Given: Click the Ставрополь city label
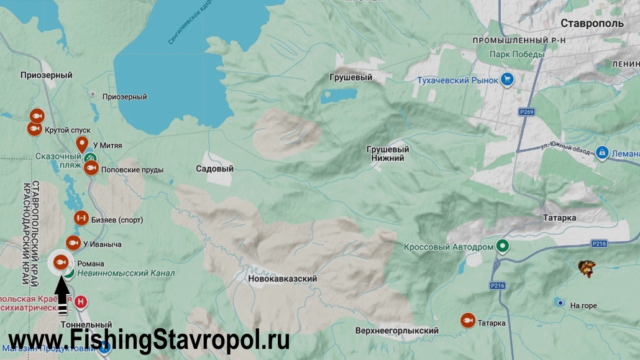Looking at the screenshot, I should (x=592, y=24).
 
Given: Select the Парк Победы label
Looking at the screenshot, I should (x=516, y=54).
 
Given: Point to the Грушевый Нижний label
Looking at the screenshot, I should (x=388, y=154).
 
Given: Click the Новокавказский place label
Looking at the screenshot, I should (x=282, y=279).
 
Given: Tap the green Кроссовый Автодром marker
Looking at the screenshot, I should (x=503, y=246).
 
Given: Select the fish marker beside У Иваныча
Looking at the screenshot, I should (x=73, y=242).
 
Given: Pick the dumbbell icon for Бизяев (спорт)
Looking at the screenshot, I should (x=81, y=218).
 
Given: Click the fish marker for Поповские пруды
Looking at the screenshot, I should (x=91, y=168).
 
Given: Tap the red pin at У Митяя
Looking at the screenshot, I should (x=81, y=145).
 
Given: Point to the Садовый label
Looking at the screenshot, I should (x=214, y=168).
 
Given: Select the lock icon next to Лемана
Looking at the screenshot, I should (x=601, y=152).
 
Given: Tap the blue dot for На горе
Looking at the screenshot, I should (x=560, y=303).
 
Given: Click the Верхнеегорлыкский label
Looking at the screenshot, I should (x=397, y=331).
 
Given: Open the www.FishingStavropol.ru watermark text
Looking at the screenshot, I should (x=149, y=340).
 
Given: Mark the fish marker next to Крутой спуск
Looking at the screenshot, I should (x=35, y=129).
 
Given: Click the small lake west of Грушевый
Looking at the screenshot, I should (x=339, y=96).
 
